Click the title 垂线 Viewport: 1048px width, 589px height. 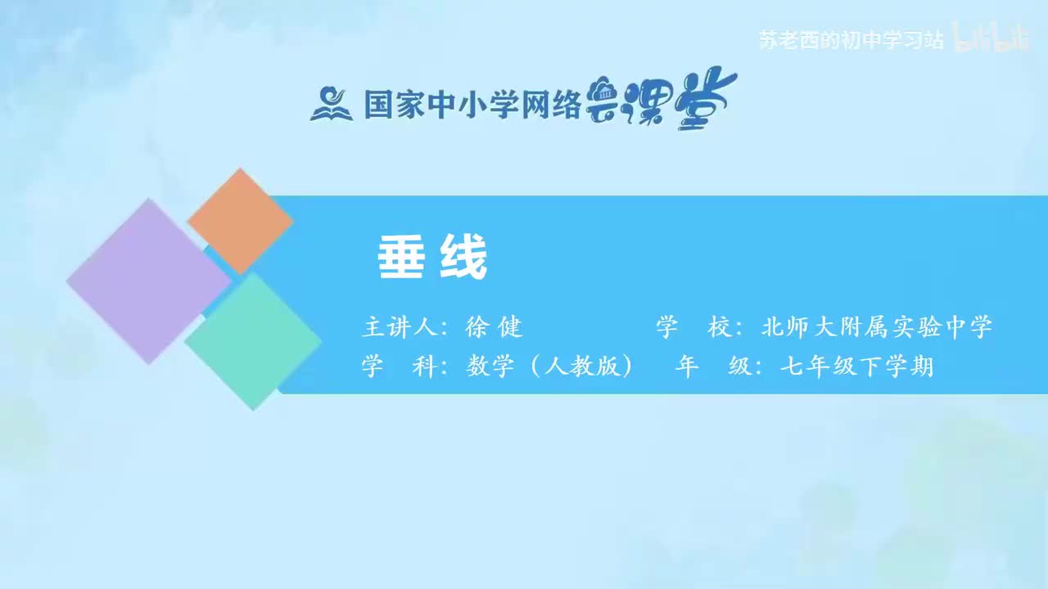pyautogui.click(x=432, y=259)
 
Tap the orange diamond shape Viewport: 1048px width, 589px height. pyautogui.click(x=240, y=221)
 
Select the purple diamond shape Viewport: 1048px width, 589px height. pyautogui.click(x=148, y=281)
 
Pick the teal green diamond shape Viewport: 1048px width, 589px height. pyautogui.click(x=253, y=341)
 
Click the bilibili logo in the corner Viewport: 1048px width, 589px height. pyautogui.click(x=993, y=38)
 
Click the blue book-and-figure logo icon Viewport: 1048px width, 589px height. pyautogui.click(x=331, y=104)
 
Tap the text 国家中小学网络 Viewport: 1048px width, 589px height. pyautogui.click(x=472, y=104)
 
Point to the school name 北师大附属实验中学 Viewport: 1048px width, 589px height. pyautogui.click(x=876, y=328)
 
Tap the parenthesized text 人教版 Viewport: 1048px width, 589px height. pyautogui.click(x=580, y=367)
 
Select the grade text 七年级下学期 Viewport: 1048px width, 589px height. pyautogui.click(x=856, y=367)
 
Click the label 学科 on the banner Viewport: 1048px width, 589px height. pyautogui.click(x=399, y=367)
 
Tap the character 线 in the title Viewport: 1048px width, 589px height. pyautogui.click(x=465, y=259)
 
